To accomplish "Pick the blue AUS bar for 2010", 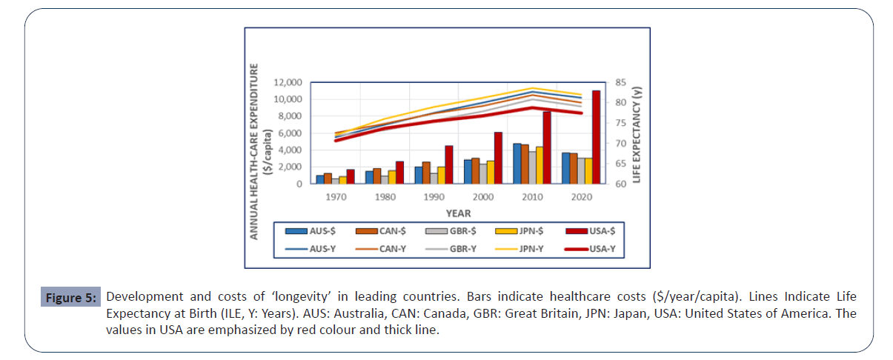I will click(x=517, y=164).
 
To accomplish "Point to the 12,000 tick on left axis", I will click(x=288, y=82).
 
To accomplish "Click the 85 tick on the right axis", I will click(x=617, y=82).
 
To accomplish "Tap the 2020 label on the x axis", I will click(x=582, y=199).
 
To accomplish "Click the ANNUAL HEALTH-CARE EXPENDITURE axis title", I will click(x=254, y=150).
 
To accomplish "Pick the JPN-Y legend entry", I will click(x=524, y=248).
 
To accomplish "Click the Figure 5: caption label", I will click(x=70, y=299).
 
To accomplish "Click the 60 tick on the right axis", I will click(x=617, y=184).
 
